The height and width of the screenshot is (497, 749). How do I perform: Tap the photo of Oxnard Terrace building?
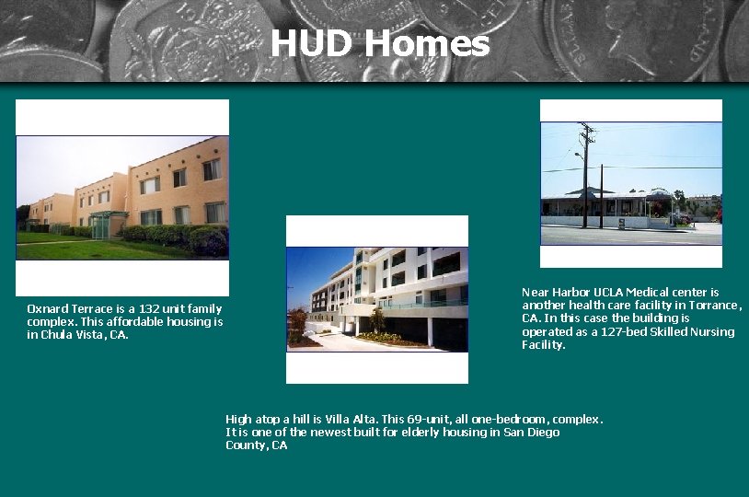[122, 197]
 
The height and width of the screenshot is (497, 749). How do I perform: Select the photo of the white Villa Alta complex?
[377, 299]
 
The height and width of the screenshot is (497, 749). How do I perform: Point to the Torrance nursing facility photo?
[631, 184]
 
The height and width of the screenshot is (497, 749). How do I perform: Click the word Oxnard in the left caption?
[45, 308]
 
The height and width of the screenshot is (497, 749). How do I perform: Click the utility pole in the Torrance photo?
[584, 175]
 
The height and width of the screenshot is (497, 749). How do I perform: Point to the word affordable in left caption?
[149, 322]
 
